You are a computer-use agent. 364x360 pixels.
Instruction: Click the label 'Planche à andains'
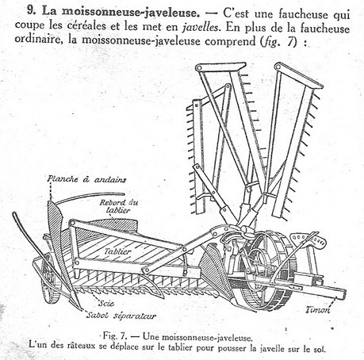(86, 179)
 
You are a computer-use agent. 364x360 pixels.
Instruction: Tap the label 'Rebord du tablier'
(119, 206)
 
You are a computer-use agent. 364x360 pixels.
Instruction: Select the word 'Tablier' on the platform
(117, 251)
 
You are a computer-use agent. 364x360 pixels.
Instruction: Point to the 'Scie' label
(106, 303)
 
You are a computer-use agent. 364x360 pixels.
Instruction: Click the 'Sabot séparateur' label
(121, 316)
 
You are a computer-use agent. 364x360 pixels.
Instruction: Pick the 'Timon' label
(318, 309)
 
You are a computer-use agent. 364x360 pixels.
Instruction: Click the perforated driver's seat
(308, 239)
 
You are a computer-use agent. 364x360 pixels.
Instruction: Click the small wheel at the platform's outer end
(49, 278)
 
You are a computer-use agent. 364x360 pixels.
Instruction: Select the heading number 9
(31, 11)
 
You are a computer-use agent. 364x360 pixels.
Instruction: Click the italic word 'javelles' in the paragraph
(201, 27)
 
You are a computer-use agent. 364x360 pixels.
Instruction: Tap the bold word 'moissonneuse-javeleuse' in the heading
(130, 12)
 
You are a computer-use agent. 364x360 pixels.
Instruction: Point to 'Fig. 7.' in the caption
(115, 336)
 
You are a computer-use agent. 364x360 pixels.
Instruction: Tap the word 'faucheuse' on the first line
(303, 14)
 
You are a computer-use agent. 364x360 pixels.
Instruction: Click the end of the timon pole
(343, 294)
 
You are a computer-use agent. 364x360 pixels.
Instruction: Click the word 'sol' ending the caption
(320, 349)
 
